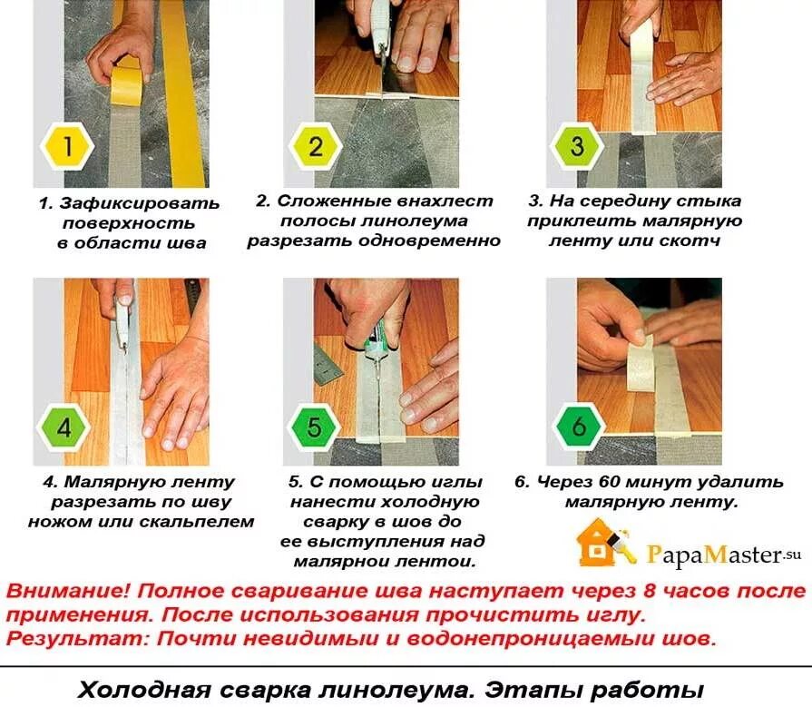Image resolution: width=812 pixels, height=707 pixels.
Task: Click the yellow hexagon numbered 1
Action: pos(67,146)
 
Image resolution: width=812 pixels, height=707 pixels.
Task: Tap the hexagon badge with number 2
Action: pos(316,147)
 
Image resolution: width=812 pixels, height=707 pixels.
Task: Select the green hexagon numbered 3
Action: pos(577,147)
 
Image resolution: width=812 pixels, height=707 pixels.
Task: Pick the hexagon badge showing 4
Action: pos(64,427)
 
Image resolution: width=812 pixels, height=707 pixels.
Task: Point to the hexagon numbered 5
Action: pos(314,427)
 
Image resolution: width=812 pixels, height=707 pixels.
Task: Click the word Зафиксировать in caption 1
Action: pos(139,203)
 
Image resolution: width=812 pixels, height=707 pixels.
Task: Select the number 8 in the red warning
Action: pos(650,591)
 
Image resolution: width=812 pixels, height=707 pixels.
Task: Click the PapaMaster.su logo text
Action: pos(723,555)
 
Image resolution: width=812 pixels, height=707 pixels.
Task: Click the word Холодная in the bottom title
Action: pos(144,690)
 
